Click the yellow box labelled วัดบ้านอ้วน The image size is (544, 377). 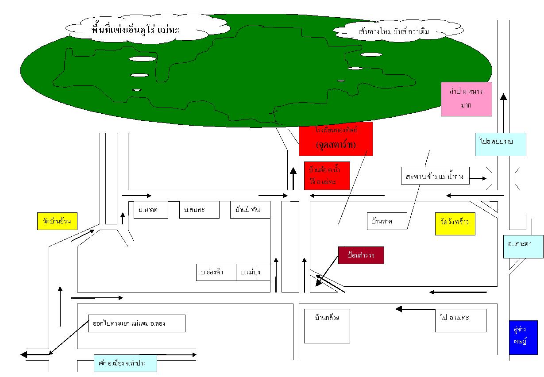[57, 221]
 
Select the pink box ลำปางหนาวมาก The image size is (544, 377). [466, 99]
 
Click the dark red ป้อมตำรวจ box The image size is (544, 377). [361, 255]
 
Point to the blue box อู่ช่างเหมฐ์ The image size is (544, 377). [523, 338]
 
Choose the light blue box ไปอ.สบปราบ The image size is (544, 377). [500, 144]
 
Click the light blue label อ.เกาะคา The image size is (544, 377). [523, 246]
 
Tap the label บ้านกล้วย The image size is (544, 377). [327, 326]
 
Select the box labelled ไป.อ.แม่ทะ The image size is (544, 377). [460, 320]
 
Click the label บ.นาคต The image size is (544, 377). [151, 210]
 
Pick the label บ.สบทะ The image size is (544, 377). [199, 210]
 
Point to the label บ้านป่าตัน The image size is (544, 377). [251, 210]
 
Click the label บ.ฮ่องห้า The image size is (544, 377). [216, 273]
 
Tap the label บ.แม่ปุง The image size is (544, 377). [253, 273]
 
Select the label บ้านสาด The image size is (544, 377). [387, 221]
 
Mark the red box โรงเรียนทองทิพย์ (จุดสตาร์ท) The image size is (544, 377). [336, 138]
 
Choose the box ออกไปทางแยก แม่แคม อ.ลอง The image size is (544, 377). [136, 323]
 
